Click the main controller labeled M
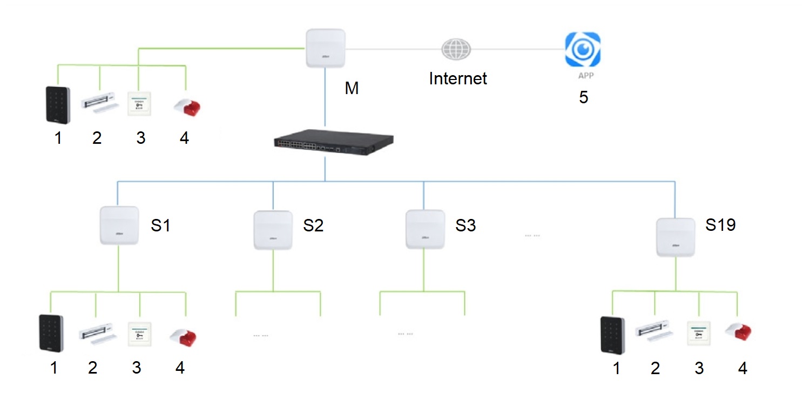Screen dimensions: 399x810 pyautogui.click(x=325, y=48)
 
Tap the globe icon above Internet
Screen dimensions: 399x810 pyautogui.click(x=456, y=49)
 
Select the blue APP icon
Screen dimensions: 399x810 pyautogui.click(x=583, y=50)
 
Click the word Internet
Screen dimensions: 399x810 pyautogui.click(x=458, y=79)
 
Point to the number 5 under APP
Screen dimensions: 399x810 pyautogui.click(x=583, y=98)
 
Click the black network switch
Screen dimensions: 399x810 pyautogui.click(x=325, y=143)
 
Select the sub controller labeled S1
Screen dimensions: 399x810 pyautogui.click(x=119, y=225)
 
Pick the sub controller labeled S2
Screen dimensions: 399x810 pyautogui.click(x=273, y=230)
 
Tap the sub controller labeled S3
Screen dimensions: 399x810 pyautogui.click(x=425, y=229)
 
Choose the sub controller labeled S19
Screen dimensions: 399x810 pyautogui.click(x=676, y=237)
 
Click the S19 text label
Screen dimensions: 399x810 pyautogui.click(x=720, y=225)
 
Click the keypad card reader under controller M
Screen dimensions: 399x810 pyautogui.click(x=57, y=104)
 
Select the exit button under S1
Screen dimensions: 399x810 pyautogui.click(x=140, y=334)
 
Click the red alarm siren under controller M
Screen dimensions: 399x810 pyautogui.click(x=187, y=105)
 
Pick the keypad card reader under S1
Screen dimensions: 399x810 pyautogui.click(x=51, y=334)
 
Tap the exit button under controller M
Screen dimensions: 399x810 pyautogui.click(x=140, y=103)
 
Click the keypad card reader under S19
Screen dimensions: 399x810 pyautogui.click(x=612, y=335)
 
